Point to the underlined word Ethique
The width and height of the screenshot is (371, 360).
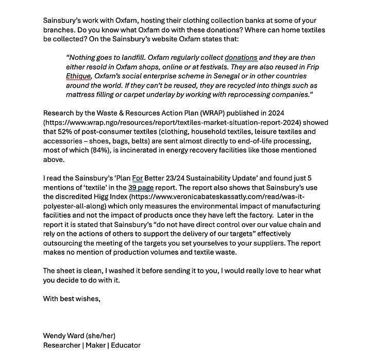[x=79, y=76]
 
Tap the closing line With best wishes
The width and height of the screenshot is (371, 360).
[x=72, y=298]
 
